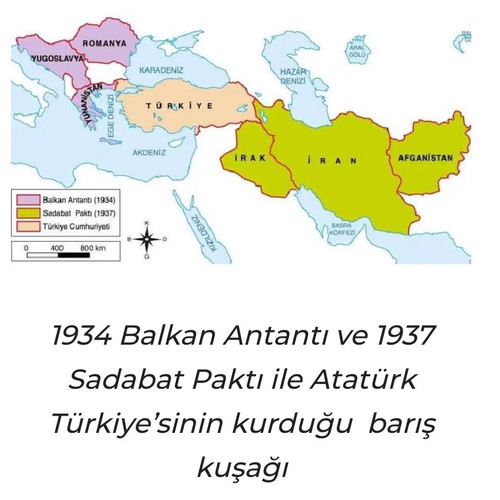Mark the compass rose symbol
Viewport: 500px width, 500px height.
click(x=147, y=239)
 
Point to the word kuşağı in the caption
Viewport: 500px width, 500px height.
click(x=249, y=465)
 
